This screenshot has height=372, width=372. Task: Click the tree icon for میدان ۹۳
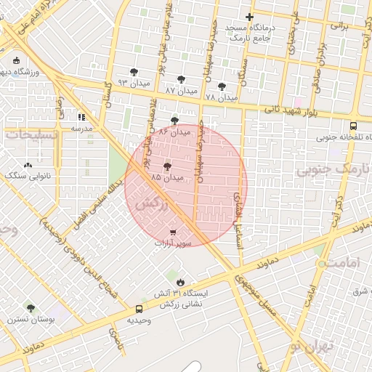pyautogui.click(x=134, y=71)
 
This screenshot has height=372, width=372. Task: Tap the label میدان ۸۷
pyautogui.click(x=181, y=90)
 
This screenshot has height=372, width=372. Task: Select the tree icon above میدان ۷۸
pyautogui.click(x=222, y=86)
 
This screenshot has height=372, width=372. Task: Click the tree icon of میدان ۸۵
pyautogui.click(x=167, y=166)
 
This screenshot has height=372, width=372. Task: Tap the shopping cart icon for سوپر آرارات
pyautogui.click(x=172, y=232)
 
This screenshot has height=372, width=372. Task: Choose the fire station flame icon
pyautogui.click(x=180, y=282)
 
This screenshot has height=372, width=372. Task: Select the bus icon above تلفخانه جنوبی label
pyautogui.click(x=352, y=125)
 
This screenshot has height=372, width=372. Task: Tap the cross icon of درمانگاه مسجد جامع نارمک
pyautogui.click(x=249, y=17)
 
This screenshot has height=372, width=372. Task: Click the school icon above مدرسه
pyautogui.click(x=81, y=116)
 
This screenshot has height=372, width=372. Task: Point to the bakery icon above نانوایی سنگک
pyautogui.click(x=28, y=165)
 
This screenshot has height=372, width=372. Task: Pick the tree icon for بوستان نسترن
pyautogui.click(x=30, y=308)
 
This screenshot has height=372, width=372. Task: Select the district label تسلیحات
pyautogui.click(x=35, y=134)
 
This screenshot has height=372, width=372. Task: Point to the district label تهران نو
pyautogui.click(x=318, y=347)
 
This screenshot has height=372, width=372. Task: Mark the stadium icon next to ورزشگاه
pyautogui.click(x=17, y=61)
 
